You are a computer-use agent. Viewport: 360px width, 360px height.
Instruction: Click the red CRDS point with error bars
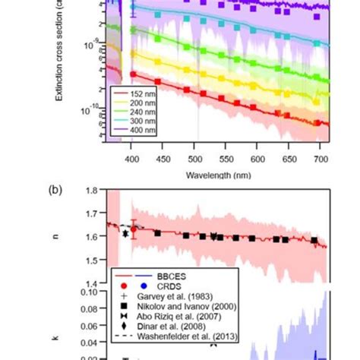(134, 228)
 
